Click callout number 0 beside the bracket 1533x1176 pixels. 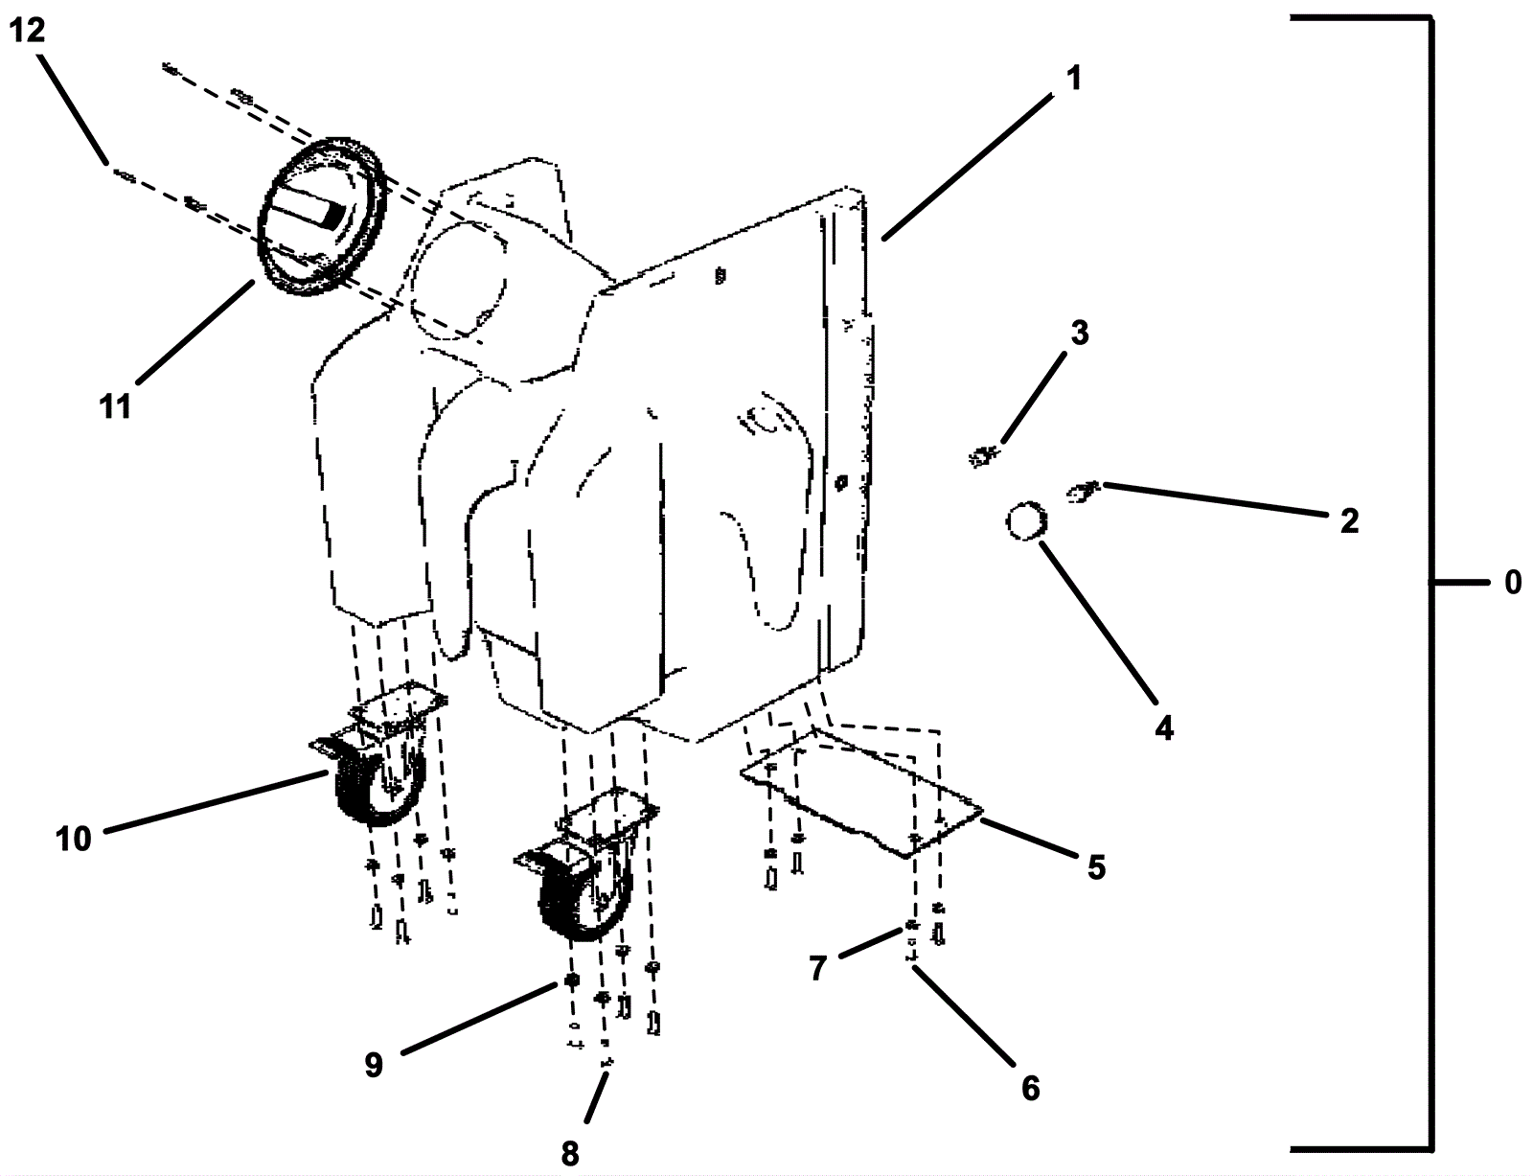coord(1512,582)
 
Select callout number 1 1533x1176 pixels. coord(1075,78)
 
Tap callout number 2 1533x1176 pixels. coord(1349,521)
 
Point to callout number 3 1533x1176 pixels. coord(1080,334)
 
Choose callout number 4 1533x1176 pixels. coord(1163,728)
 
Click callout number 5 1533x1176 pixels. coord(1096,867)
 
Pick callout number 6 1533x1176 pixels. coord(1030,1089)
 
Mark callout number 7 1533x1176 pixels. coord(817,969)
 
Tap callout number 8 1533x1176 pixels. coord(570,1154)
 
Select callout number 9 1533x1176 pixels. coord(374,1065)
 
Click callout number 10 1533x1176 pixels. coord(73,839)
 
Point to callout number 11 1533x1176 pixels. coord(116,406)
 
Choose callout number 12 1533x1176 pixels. coord(27,31)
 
